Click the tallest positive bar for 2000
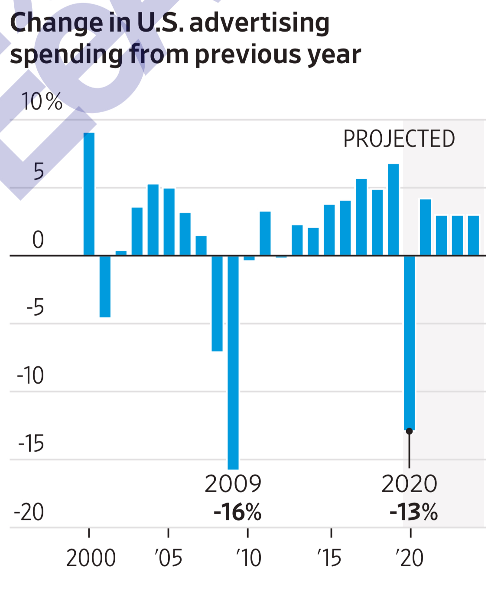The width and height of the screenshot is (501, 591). (x=89, y=194)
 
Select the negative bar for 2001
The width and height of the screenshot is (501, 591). (x=105, y=286)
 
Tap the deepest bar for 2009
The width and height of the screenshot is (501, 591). (x=233, y=362)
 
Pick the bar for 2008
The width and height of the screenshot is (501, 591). (x=217, y=303)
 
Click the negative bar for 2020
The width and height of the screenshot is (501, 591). (x=409, y=343)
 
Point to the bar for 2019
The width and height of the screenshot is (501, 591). (x=393, y=209)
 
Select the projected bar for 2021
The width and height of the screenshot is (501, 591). (x=425, y=227)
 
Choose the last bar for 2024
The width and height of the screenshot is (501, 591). (x=473, y=235)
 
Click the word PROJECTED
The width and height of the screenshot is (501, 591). (x=399, y=139)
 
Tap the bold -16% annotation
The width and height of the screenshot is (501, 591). (x=237, y=512)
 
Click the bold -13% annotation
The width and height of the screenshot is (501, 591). (x=413, y=512)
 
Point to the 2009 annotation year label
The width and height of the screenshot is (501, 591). (x=233, y=484)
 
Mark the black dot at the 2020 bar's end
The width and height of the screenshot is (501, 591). (x=409, y=431)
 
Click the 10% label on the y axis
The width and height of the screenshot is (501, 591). (x=42, y=102)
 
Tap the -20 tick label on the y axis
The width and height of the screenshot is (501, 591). (x=29, y=512)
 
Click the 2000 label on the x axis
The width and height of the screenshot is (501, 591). (x=91, y=558)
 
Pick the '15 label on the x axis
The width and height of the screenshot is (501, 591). (x=329, y=558)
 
